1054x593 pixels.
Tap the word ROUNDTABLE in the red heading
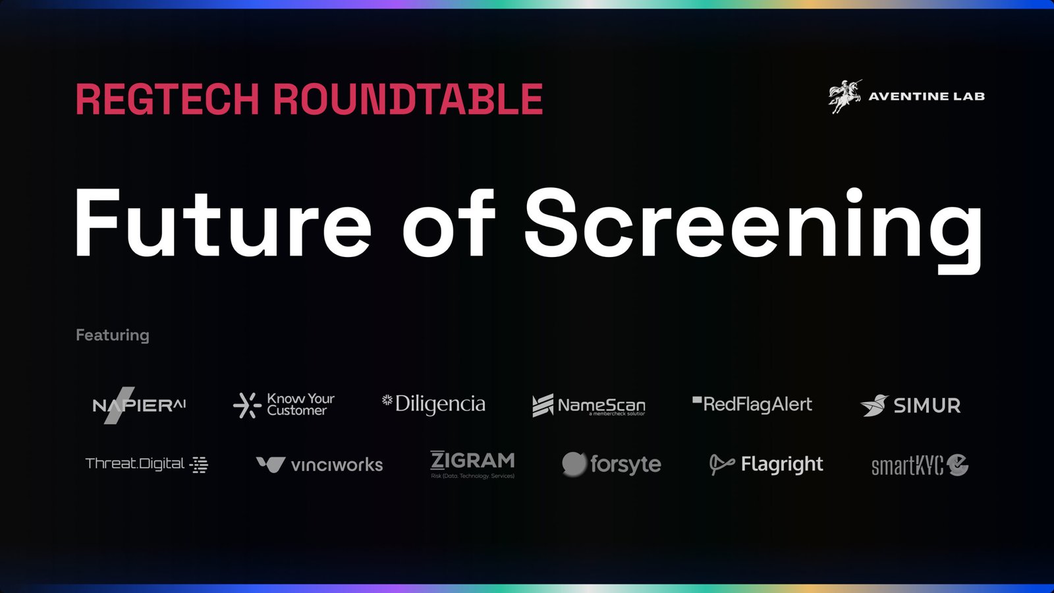click(x=408, y=99)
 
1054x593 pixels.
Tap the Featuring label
click(x=113, y=335)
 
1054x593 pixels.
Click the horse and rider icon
click(x=844, y=96)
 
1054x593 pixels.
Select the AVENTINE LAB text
click(x=926, y=96)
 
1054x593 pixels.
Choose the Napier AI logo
click(x=139, y=405)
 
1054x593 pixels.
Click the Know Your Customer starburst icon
click(x=247, y=405)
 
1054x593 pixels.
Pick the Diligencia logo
click(x=434, y=404)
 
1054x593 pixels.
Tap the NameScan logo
click(x=588, y=405)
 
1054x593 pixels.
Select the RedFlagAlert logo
click(x=752, y=404)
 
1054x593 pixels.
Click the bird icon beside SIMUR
click(x=874, y=405)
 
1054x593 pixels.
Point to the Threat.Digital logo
click(x=146, y=464)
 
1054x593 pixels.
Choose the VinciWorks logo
click(x=319, y=465)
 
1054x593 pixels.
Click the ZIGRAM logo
click(x=472, y=464)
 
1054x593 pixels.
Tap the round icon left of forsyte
click(x=574, y=464)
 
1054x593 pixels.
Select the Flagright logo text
click(x=782, y=465)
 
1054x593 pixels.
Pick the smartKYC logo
click(x=920, y=465)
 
